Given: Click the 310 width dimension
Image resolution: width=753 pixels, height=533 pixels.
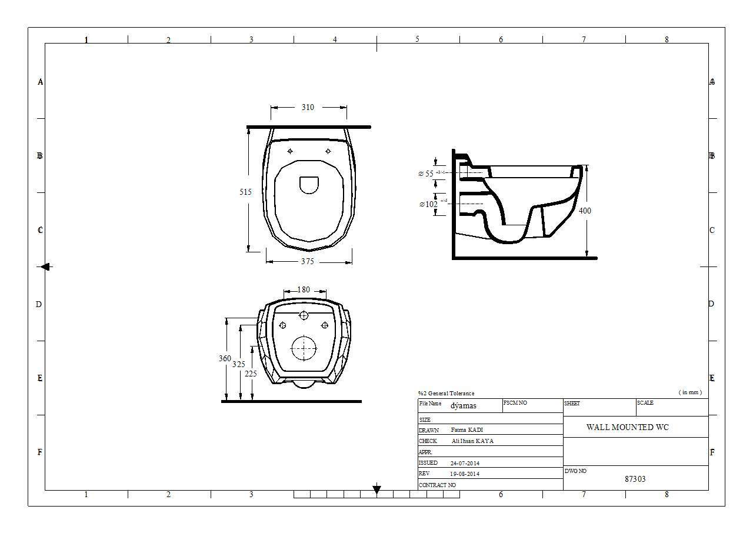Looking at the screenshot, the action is [x=308, y=107].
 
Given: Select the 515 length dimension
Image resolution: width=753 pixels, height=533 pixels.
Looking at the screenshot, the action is [x=245, y=192].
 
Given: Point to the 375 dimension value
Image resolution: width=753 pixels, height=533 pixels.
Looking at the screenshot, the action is [x=308, y=262].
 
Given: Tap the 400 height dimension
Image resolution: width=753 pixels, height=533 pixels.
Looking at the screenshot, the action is [x=585, y=211].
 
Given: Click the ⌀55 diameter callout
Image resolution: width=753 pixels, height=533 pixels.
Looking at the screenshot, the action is [x=426, y=174].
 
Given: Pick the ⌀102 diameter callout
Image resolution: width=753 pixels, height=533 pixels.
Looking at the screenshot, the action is [x=428, y=204].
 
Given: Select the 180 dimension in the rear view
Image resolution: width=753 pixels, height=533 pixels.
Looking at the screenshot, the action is [x=304, y=289].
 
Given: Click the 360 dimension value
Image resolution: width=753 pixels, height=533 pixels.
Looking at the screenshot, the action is [x=225, y=358].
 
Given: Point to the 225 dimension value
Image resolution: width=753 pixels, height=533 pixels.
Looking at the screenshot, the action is [x=251, y=374].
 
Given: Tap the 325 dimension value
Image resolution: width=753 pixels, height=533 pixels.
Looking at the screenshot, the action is [x=238, y=364].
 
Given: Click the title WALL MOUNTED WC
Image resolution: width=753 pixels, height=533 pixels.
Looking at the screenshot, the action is [x=627, y=427].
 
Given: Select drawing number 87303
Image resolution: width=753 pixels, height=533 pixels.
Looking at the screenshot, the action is [x=635, y=479].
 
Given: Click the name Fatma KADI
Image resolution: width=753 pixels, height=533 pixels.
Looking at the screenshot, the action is [x=467, y=430].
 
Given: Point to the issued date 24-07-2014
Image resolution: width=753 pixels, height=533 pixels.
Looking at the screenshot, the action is [x=465, y=463].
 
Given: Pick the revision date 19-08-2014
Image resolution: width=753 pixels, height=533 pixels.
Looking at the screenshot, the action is [x=465, y=474].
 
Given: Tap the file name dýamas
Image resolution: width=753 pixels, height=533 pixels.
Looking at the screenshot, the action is [x=464, y=405].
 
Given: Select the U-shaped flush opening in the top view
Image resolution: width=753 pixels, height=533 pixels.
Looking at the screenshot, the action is [x=309, y=185].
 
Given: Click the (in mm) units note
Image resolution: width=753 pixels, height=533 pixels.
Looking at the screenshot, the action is [x=689, y=392].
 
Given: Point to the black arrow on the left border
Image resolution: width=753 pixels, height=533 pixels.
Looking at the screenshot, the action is [x=45, y=266].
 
